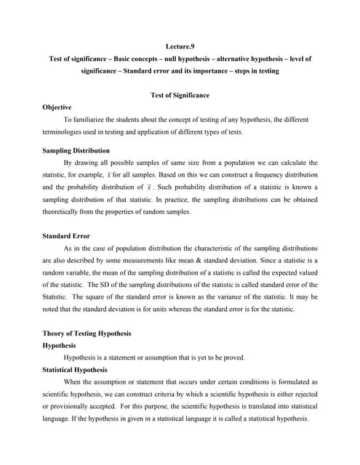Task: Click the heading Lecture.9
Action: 180,46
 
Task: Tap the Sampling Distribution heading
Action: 79,151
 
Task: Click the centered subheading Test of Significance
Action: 180,95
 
